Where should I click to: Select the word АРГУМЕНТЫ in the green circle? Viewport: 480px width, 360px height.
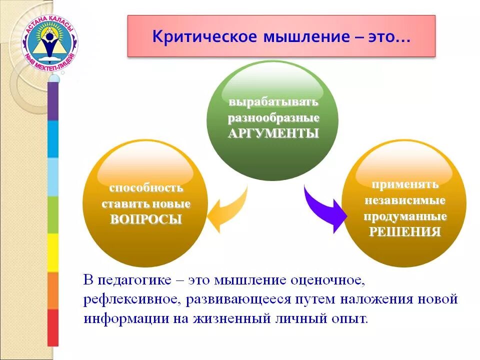coord(273,134)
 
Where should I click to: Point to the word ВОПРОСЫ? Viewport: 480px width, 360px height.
coord(145,219)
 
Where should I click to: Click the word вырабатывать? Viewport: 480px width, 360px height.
coord(273,102)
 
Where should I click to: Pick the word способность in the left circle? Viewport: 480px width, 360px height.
coord(146,188)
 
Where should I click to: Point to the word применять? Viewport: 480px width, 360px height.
coord(404,184)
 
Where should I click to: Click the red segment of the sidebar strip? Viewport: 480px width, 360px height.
coord(53,327)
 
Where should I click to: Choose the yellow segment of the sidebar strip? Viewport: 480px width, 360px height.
coord(53,252)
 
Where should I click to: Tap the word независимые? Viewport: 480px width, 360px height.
coord(404,200)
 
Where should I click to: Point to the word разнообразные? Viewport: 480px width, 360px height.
coord(273,118)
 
